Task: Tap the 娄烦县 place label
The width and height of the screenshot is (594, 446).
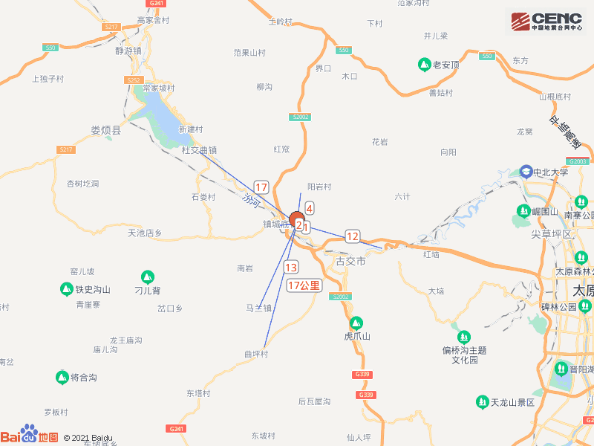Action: (105, 131)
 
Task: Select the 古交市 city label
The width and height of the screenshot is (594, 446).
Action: (350, 262)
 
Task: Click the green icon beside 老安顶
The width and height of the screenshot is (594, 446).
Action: (424, 65)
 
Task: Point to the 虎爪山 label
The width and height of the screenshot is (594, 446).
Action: (356, 337)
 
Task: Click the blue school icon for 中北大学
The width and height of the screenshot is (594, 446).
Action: (526, 172)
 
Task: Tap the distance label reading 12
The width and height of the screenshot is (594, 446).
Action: (352, 236)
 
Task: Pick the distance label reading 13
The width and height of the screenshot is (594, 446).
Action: (291, 268)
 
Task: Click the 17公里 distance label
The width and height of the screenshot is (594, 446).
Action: (304, 285)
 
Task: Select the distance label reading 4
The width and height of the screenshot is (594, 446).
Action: (309, 208)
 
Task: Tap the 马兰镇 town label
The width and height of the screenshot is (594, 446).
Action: (259, 307)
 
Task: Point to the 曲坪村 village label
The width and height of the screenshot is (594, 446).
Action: (255, 354)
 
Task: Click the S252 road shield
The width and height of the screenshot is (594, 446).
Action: (134, 80)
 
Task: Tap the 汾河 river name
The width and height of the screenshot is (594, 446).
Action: (252, 200)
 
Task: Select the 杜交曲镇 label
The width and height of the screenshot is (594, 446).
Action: (199, 149)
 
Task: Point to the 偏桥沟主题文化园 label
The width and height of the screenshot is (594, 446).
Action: (469, 355)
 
